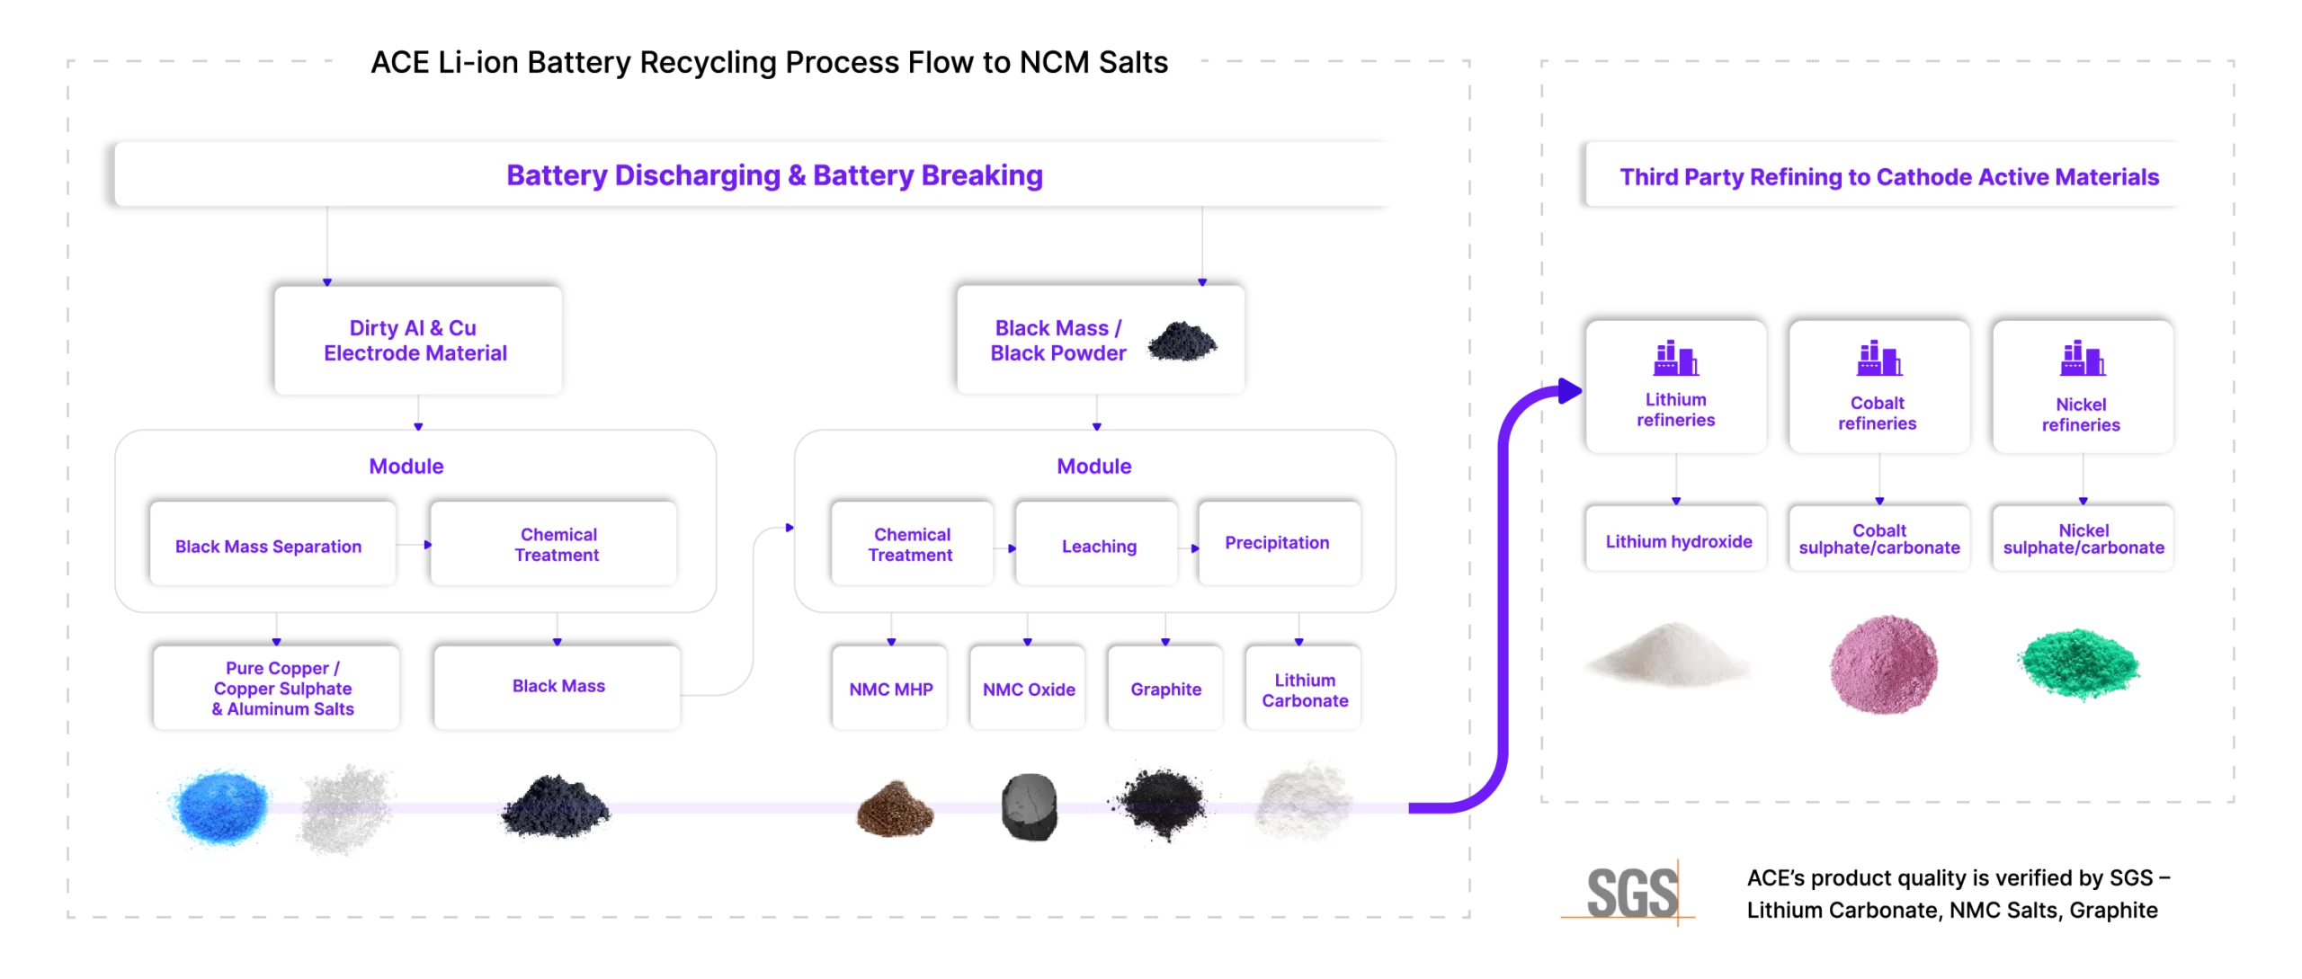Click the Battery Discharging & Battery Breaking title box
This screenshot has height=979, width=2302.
point(757,174)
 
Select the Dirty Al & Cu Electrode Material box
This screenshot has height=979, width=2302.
point(418,341)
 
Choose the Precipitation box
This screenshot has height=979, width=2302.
point(1279,544)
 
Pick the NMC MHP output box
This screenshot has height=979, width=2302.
point(889,689)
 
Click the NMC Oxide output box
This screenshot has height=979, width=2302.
point(1028,689)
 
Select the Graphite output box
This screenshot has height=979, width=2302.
point(1165,689)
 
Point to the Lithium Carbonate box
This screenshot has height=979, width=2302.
point(1303,689)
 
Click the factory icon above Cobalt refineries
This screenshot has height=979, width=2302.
point(1878,359)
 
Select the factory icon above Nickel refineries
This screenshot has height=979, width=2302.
point(2083,359)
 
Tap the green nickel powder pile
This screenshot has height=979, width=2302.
point(2078,664)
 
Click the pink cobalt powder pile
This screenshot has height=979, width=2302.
point(1885,665)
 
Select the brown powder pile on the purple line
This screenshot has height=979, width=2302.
point(894,808)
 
